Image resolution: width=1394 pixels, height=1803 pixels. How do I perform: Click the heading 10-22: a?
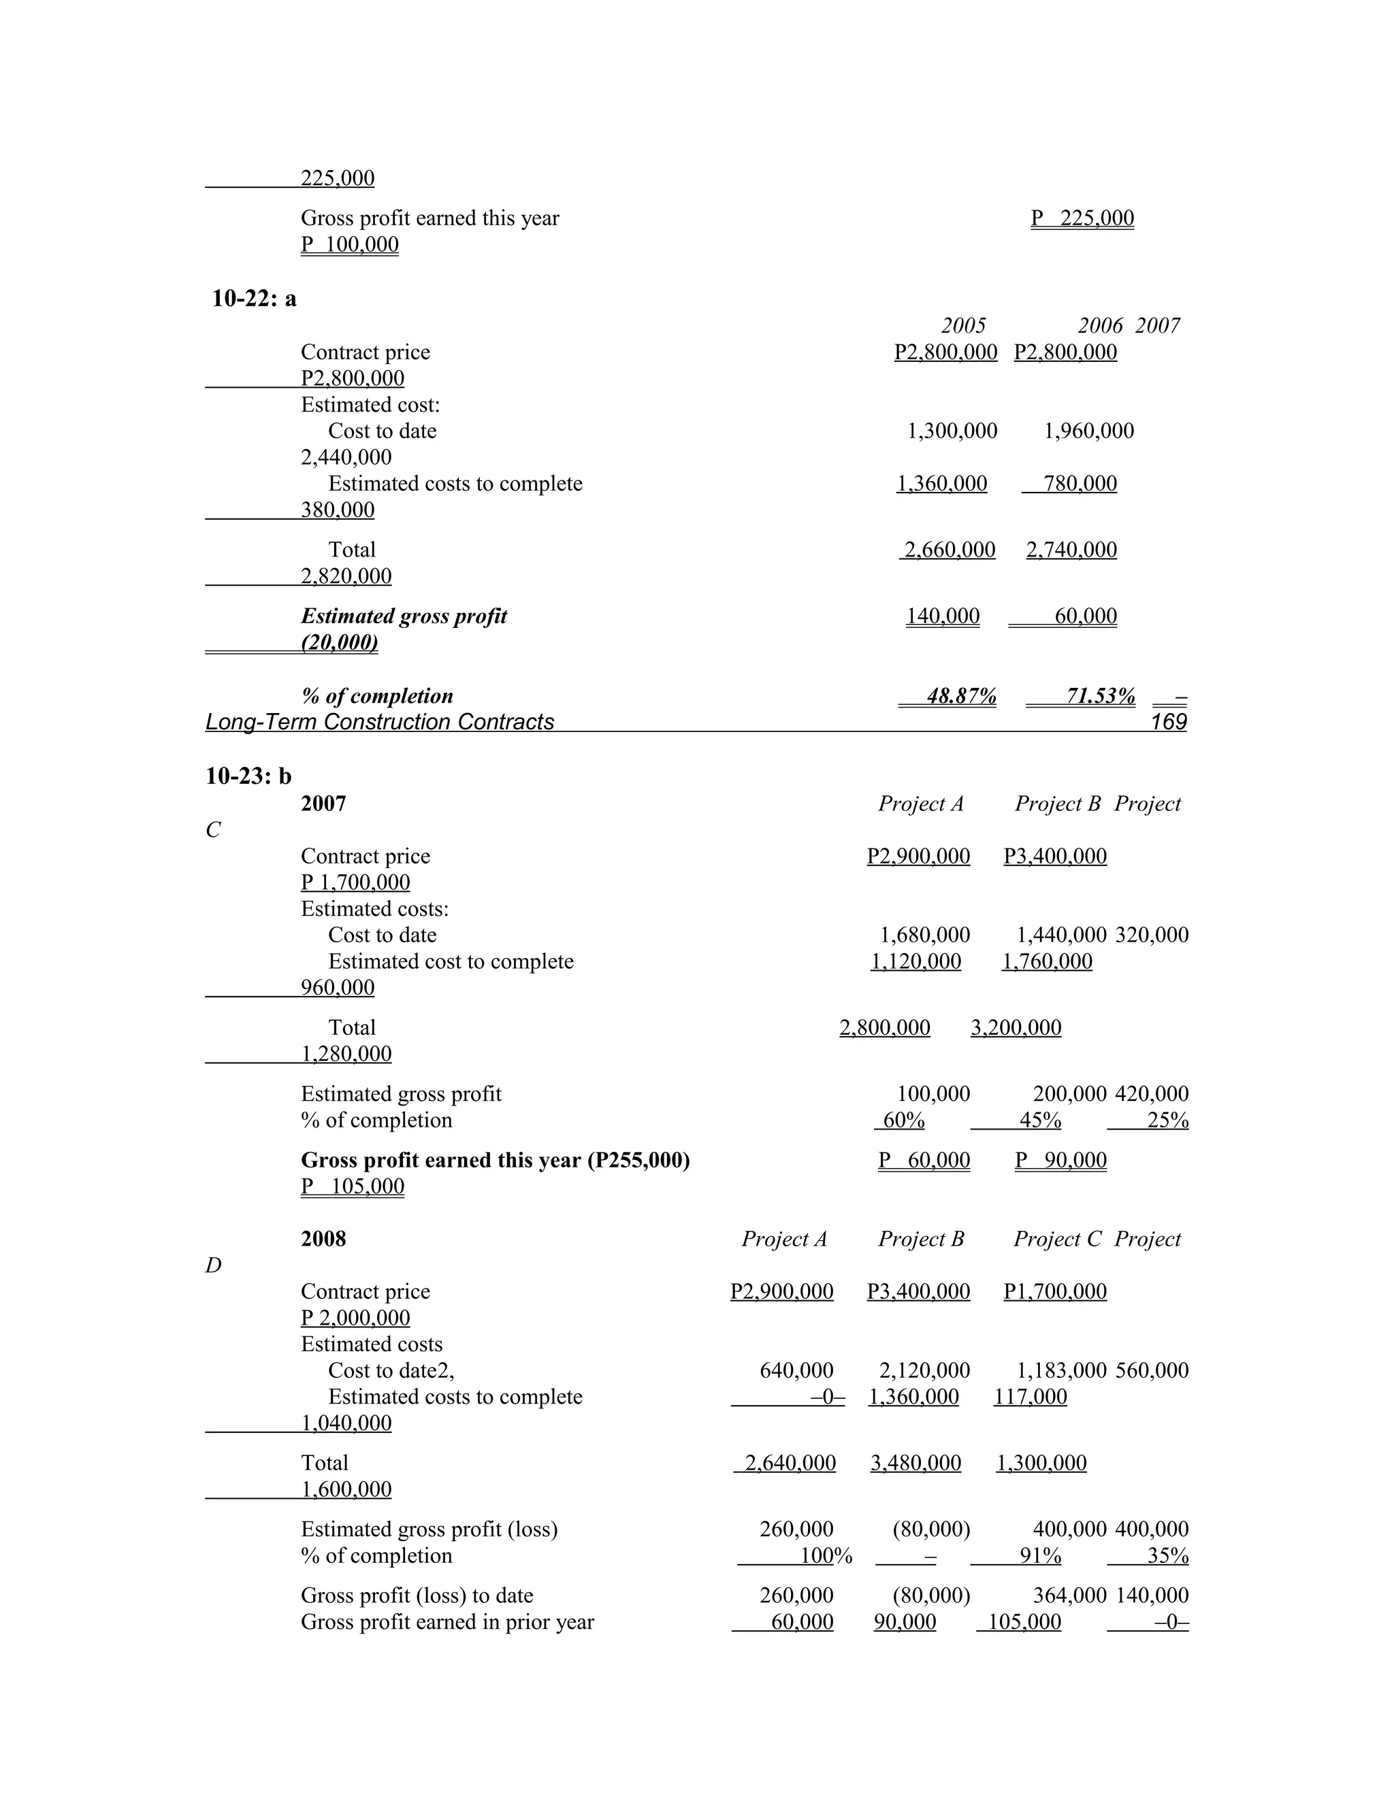[x=253, y=298]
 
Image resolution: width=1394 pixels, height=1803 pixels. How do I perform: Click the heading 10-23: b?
[x=248, y=776]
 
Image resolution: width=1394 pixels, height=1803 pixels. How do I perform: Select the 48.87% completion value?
[x=960, y=696]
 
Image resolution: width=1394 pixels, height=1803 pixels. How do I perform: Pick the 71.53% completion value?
[x=1100, y=696]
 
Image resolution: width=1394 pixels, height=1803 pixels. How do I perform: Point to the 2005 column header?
[x=963, y=325]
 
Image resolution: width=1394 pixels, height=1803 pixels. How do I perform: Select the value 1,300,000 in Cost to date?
[x=952, y=431]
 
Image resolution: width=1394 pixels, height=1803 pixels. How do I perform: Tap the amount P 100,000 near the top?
[x=349, y=244]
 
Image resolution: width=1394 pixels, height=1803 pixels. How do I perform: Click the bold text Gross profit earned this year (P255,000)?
[x=495, y=1160]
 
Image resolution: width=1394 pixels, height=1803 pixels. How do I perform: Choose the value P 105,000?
[x=352, y=1187]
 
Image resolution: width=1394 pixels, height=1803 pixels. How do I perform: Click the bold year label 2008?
[x=323, y=1238]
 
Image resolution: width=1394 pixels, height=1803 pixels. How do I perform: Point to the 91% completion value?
[x=1040, y=1555]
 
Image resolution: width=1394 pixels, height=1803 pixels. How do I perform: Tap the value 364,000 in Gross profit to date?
[x=1069, y=1595]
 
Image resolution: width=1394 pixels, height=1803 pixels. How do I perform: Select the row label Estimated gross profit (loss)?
[x=429, y=1529]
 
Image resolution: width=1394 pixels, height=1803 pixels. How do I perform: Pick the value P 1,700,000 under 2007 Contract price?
[x=355, y=882]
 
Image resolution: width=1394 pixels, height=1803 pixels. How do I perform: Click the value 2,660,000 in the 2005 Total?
[x=949, y=550]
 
